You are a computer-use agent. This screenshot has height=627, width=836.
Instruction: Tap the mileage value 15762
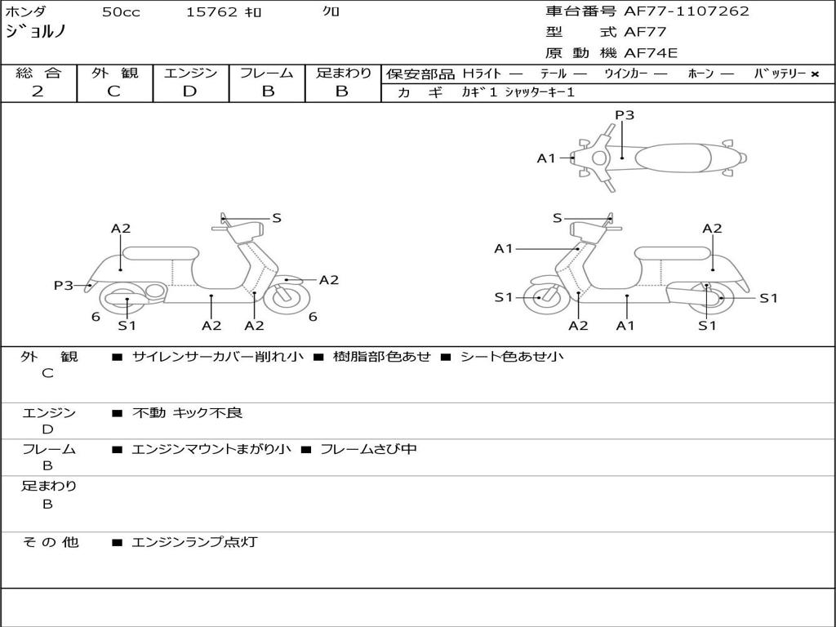[211, 12]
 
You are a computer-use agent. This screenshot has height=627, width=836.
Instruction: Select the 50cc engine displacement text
[120, 12]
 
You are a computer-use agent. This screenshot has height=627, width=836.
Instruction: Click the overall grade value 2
[38, 91]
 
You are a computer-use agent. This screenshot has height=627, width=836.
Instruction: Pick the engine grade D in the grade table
[189, 91]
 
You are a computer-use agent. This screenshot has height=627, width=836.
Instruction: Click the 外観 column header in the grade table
[114, 73]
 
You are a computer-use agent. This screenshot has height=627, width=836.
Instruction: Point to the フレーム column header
[267, 73]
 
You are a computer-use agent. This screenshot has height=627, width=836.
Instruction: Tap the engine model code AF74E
[651, 53]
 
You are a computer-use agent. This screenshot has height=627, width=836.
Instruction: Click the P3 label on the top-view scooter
[625, 115]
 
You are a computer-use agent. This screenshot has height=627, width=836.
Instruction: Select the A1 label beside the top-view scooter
[546, 158]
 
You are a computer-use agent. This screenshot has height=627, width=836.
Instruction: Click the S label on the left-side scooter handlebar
[277, 218]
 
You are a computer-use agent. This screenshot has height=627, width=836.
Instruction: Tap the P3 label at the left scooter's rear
[64, 286]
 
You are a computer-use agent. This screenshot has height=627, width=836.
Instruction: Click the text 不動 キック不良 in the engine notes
[187, 413]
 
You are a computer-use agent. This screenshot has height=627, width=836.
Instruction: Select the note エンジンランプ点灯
[194, 541]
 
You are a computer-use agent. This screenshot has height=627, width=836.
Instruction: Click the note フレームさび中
[368, 449]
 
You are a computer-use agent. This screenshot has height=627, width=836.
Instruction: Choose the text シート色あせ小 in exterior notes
[512, 356]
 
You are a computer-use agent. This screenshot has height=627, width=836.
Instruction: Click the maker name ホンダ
[26, 11]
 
